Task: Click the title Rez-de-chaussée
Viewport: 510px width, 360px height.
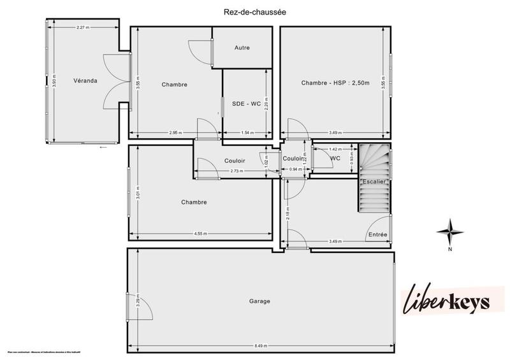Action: click(254, 11)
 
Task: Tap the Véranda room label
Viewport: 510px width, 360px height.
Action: click(85, 82)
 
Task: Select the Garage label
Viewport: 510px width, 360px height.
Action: click(260, 301)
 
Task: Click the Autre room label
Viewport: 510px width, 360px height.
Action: click(242, 48)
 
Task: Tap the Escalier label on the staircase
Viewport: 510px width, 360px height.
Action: click(374, 181)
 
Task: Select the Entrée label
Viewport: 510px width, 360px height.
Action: click(377, 234)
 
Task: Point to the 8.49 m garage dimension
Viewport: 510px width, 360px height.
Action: click(260, 345)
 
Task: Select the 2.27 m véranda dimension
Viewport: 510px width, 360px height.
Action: click(82, 27)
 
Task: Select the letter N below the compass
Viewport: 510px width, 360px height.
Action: click(450, 249)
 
